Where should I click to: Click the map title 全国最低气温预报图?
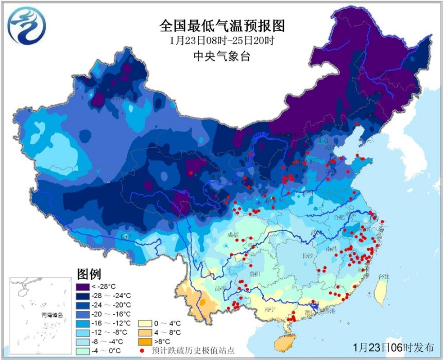[x=222, y=25]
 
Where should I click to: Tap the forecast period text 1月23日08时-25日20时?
[x=222, y=41]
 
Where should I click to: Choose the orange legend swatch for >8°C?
[x=144, y=341]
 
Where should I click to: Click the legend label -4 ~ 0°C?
[x=109, y=350]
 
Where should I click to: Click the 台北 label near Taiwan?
[x=382, y=278]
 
